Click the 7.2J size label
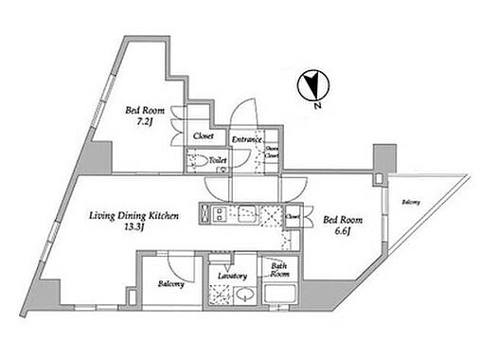pyautogui.click(x=147, y=121)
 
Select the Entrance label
pyautogui.click(x=245, y=136)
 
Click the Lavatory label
pyautogui.click(x=232, y=275)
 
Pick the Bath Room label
pyautogui.click(x=279, y=269)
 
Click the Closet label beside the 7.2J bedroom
pyautogui.click(x=203, y=136)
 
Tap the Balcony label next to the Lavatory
pyautogui.click(x=171, y=283)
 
